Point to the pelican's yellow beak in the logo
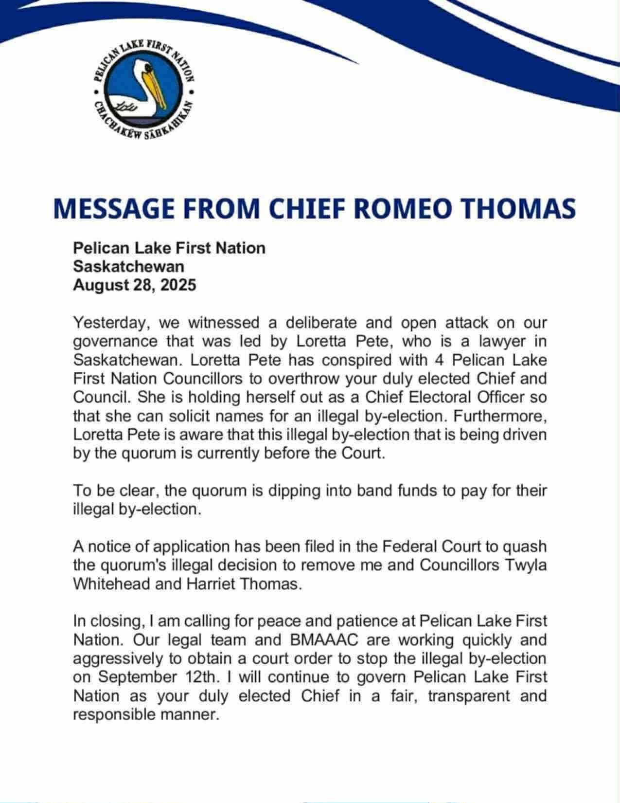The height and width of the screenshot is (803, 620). click(x=157, y=92)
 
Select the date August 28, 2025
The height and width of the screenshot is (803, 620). click(x=134, y=285)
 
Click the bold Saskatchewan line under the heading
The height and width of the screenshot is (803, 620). click(x=129, y=266)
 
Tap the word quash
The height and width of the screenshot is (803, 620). click(x=526, y=547)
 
